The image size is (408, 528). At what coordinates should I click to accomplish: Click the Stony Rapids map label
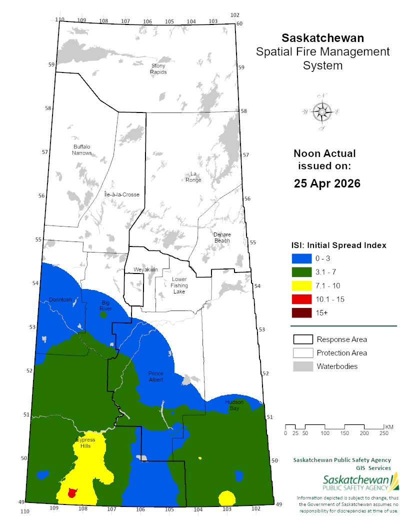pos(158,68)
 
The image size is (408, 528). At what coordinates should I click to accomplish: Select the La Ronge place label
pos(193,177)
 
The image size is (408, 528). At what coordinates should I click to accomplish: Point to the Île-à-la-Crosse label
pos(121,194)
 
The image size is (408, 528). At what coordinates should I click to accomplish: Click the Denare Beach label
pos(222,237)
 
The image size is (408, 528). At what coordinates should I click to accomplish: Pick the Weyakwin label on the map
pos(145,269)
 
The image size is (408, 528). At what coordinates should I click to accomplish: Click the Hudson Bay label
pos(234,405)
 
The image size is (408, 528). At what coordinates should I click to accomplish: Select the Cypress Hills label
pos(85,442)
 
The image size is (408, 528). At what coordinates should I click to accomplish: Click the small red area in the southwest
pos(72,493)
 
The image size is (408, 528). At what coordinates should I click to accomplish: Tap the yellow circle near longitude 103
pos(227,498)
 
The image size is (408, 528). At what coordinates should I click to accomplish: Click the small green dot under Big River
pos(103,315)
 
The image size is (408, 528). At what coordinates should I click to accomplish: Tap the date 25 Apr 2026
pos(327,183)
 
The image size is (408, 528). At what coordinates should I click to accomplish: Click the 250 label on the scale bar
pos(384,433)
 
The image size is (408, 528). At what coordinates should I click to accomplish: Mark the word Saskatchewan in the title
pos(323,38)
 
